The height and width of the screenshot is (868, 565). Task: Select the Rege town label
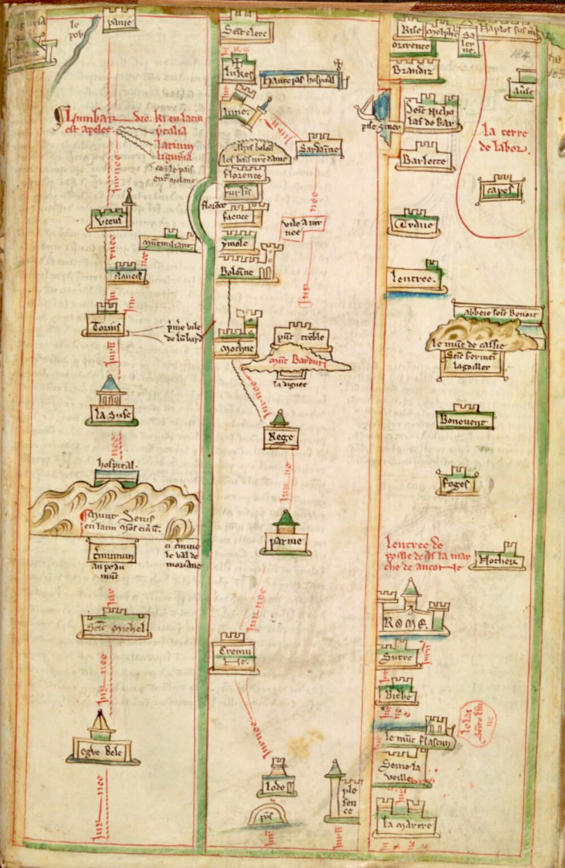coord(281,437)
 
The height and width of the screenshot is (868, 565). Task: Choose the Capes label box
coord(500,190)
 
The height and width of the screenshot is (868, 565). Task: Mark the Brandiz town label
coord(413,71)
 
